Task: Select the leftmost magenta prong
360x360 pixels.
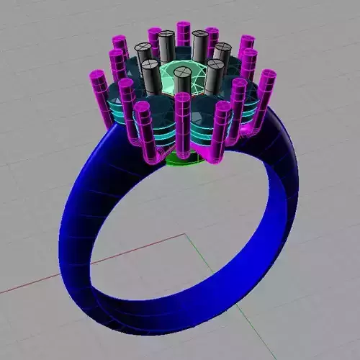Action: click(99, 89)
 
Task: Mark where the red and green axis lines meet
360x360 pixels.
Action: click(186, 234)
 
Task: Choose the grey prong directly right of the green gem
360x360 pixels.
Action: click(214, 76)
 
